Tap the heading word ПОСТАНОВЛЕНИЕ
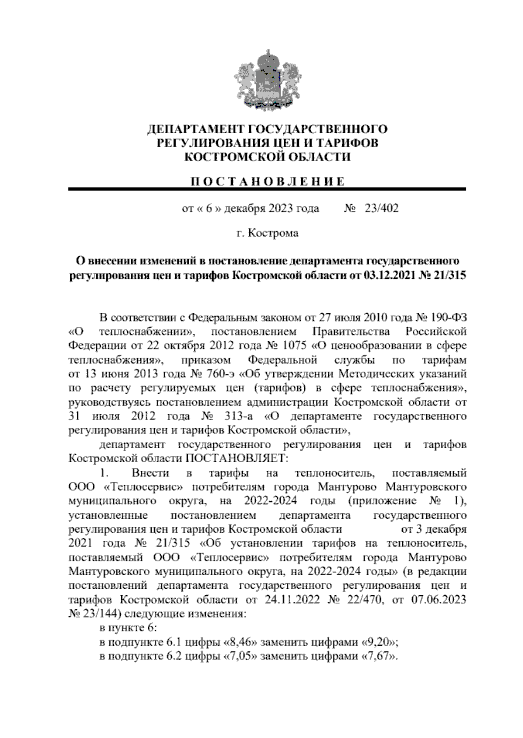tap(267, 181)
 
